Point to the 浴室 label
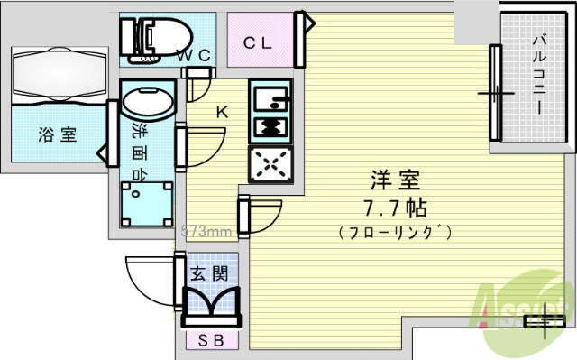coord(57,135)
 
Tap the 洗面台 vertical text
coord(141,146)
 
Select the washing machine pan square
coord(146,202)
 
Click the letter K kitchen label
coord(221,113)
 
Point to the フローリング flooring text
coord(395,233)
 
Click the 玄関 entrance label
coord(208,273)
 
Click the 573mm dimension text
coord(209,231)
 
